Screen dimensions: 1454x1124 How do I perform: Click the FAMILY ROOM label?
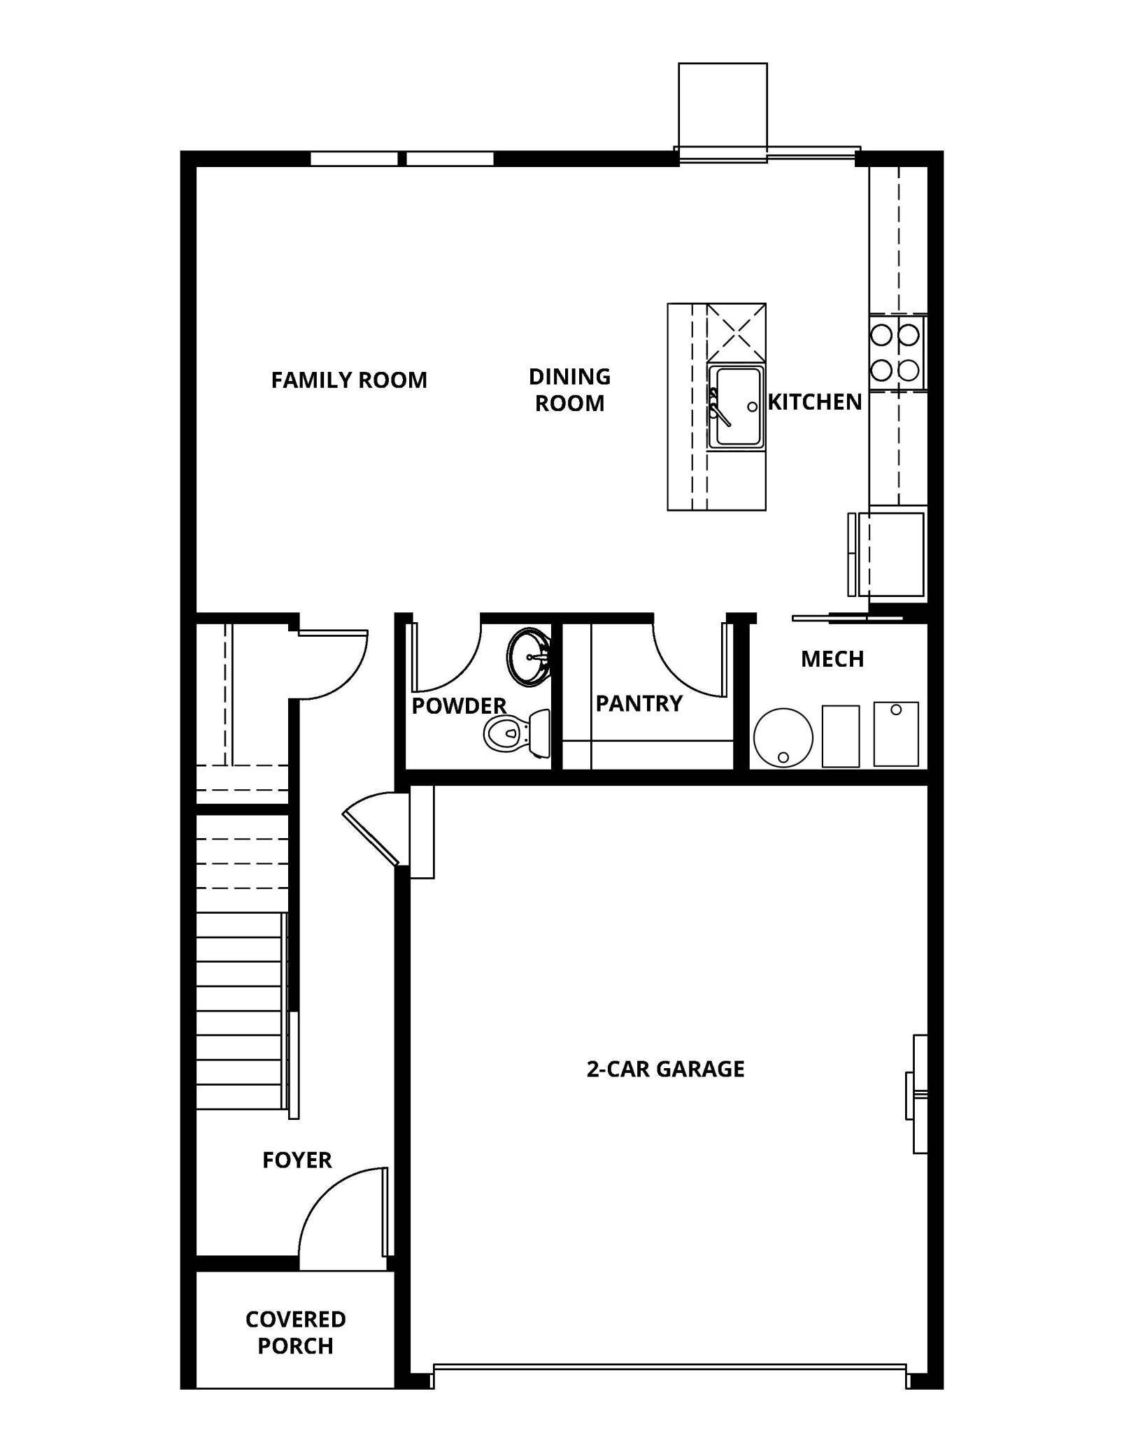point(348,380)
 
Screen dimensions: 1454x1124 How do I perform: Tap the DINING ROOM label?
point(569,390)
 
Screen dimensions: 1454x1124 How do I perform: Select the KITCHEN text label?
point(815,402)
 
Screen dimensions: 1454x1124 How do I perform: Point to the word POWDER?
point(459,706)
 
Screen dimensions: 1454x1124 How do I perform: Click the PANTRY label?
point(639,703)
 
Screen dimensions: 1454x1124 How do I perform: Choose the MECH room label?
point(832,658)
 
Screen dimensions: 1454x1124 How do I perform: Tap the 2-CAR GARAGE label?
point(665,1069)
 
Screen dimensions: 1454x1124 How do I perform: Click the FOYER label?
point(297,1160)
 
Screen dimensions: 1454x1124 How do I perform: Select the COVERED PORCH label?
point(295,1332)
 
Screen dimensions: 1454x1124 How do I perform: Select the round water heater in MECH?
point(783,737)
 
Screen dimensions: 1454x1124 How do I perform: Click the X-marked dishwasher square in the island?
point(736,332)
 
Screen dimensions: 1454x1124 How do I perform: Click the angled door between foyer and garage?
point(371,828)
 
